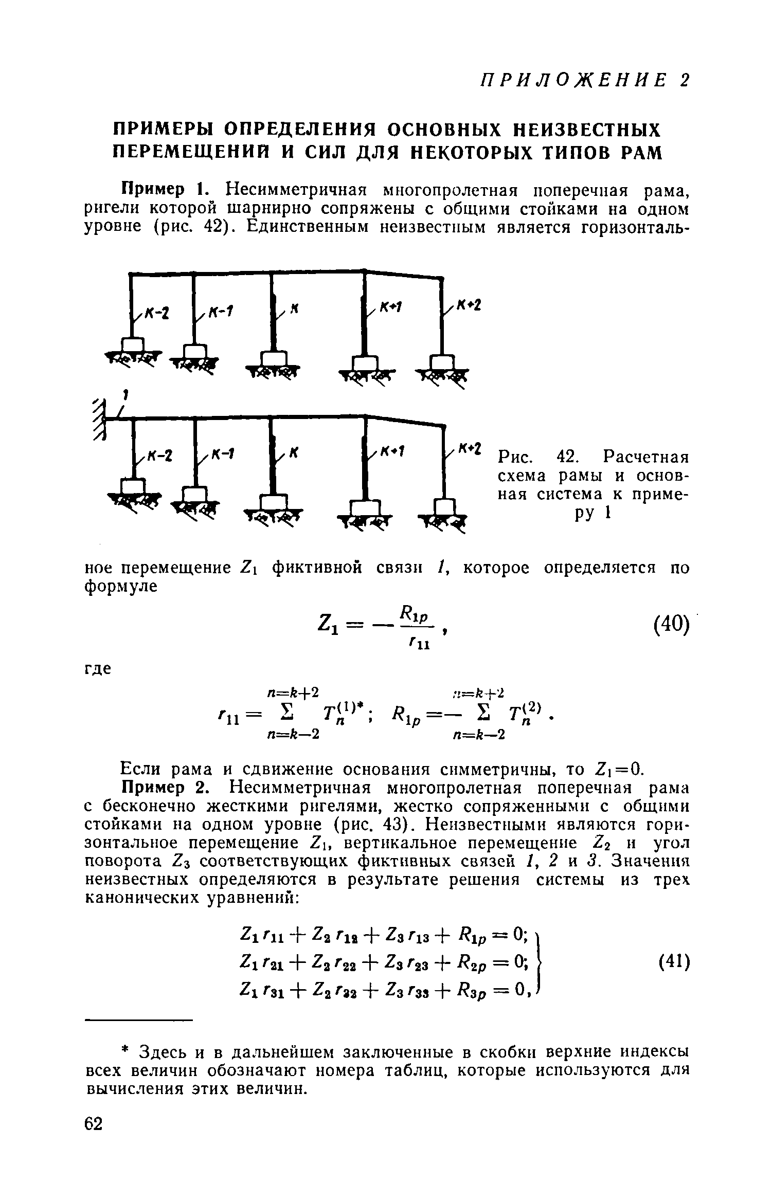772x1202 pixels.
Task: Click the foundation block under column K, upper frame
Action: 273,359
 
